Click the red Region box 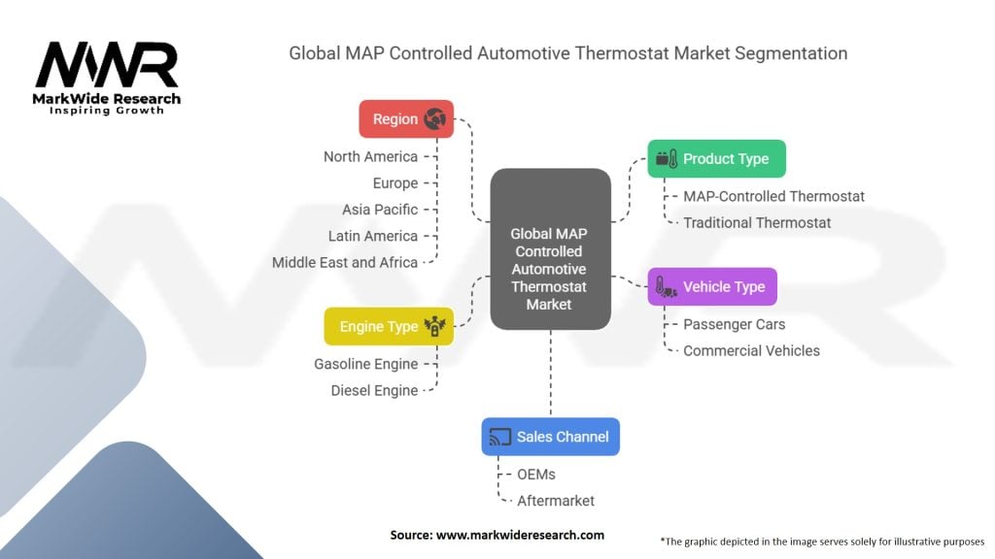coord(405,119)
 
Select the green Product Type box coord(716,159)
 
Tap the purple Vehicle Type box coord(712,287)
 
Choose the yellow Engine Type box coord(388,327)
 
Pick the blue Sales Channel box coord(550,437)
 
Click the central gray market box coord(550,248)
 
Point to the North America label coord(370,156)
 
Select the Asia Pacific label coord(380,210)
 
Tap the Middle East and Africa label coord(345,262)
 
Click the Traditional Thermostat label coord(757,222)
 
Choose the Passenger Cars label coord(734,324)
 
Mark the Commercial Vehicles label coord(751,350)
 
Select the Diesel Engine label coord(373,390)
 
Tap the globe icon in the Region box coord(434,119)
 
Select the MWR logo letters coord(107,66)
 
